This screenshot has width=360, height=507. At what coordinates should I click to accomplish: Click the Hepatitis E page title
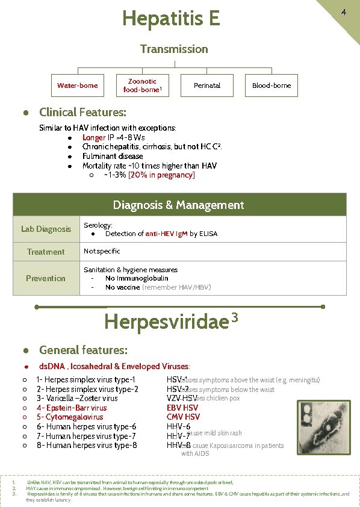[x=171, y=19]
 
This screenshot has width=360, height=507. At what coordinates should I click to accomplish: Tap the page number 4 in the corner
[x=343, y=12]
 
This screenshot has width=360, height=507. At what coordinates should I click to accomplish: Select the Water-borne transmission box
[x=77, y=86]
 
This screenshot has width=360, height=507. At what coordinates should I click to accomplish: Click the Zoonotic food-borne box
[x=142, y=86]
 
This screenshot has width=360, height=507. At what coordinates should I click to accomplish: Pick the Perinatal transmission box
[x=207, y=86]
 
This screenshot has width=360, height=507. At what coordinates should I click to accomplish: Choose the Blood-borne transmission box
[x=272, y=86]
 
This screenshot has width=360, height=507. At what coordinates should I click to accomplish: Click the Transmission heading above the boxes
[x=174, y=49]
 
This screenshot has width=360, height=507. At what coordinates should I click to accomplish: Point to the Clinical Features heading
[x=82, y=113]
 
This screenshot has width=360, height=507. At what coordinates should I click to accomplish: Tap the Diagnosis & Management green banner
[x=179, y=205]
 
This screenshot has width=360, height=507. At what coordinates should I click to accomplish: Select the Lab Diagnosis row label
[x=46, y=229]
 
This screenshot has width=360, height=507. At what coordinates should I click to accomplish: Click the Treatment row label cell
[x=46, y=252]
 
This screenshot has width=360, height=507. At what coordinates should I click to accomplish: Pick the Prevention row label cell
[x=46, y=278]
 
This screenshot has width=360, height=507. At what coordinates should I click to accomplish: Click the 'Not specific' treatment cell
[x=102, y=251]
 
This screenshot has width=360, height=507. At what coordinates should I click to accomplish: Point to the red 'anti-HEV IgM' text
[x=166, y=234]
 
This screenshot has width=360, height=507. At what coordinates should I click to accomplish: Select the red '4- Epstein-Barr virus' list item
[x=72, y=408]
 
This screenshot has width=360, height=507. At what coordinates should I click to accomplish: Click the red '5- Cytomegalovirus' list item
[x=69, y=417]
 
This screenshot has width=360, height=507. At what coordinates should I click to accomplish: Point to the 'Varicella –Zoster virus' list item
[x=77, y=398]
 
